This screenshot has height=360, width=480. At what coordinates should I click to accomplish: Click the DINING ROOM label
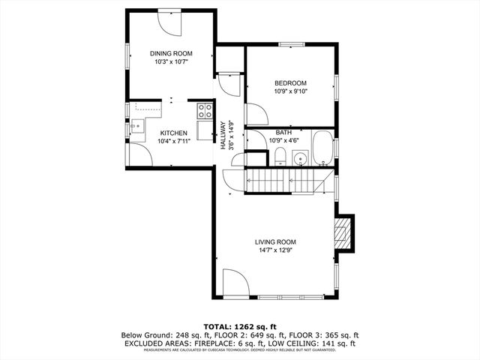(x=171, y=53)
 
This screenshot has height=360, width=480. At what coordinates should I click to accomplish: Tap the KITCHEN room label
(x=173, y=133)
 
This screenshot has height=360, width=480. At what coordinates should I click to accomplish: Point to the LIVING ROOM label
(x=275, y=241)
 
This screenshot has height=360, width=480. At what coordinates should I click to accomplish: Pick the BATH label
(x=283, y=132)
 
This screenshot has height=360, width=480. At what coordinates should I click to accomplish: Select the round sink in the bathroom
(x=299, y=158)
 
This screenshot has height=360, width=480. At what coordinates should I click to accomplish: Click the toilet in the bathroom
(x=279, y=156)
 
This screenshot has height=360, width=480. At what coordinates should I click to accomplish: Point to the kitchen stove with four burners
(x=204, y=111)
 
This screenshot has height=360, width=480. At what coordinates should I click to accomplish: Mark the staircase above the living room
(x=289, y=181)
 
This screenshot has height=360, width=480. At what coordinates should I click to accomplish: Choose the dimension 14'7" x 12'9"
(x=275, y=250)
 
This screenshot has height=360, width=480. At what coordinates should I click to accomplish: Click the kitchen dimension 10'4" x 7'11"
(x=173, y=141)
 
